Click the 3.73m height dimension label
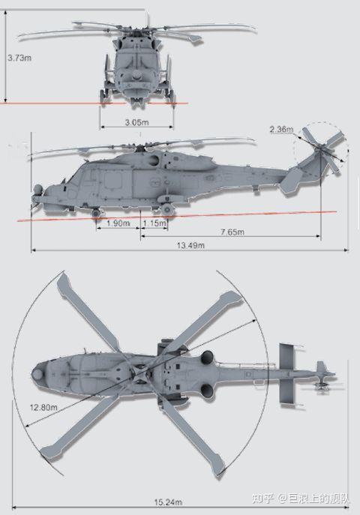(19, 58)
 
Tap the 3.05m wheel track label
(136, 122)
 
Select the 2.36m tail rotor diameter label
(281, 130)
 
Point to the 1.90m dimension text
(118, 223)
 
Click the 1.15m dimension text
(155, 223)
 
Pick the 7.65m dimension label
(232, 232)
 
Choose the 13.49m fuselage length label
(190, 245)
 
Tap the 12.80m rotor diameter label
(43, 408)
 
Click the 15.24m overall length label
(168, 502)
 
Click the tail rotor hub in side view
(320, 150)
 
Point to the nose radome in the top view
(38, 374)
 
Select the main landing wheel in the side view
(166, 209)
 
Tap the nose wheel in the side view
(95, 213)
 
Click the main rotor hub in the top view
(139, 373)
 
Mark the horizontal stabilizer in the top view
(288, 374)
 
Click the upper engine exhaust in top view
(207, 357)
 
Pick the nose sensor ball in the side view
(38, 189)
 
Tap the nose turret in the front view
(136, 77)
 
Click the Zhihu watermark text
(300, 499)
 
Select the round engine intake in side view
(153, 160)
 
